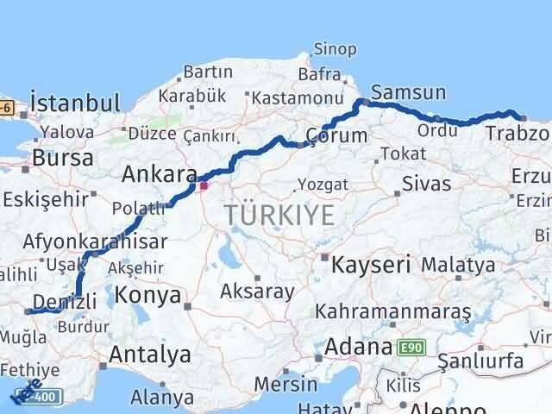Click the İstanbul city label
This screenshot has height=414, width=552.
point(74,103)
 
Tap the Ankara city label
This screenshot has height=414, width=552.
point(159,175)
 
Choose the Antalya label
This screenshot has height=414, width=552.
point(150,354)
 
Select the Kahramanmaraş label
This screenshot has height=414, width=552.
point(393,310)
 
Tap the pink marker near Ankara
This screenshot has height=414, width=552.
point(204,185)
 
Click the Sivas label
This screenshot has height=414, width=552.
point(426,184)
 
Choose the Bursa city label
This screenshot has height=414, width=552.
point(62,159)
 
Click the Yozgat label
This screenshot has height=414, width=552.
point(323,184)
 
